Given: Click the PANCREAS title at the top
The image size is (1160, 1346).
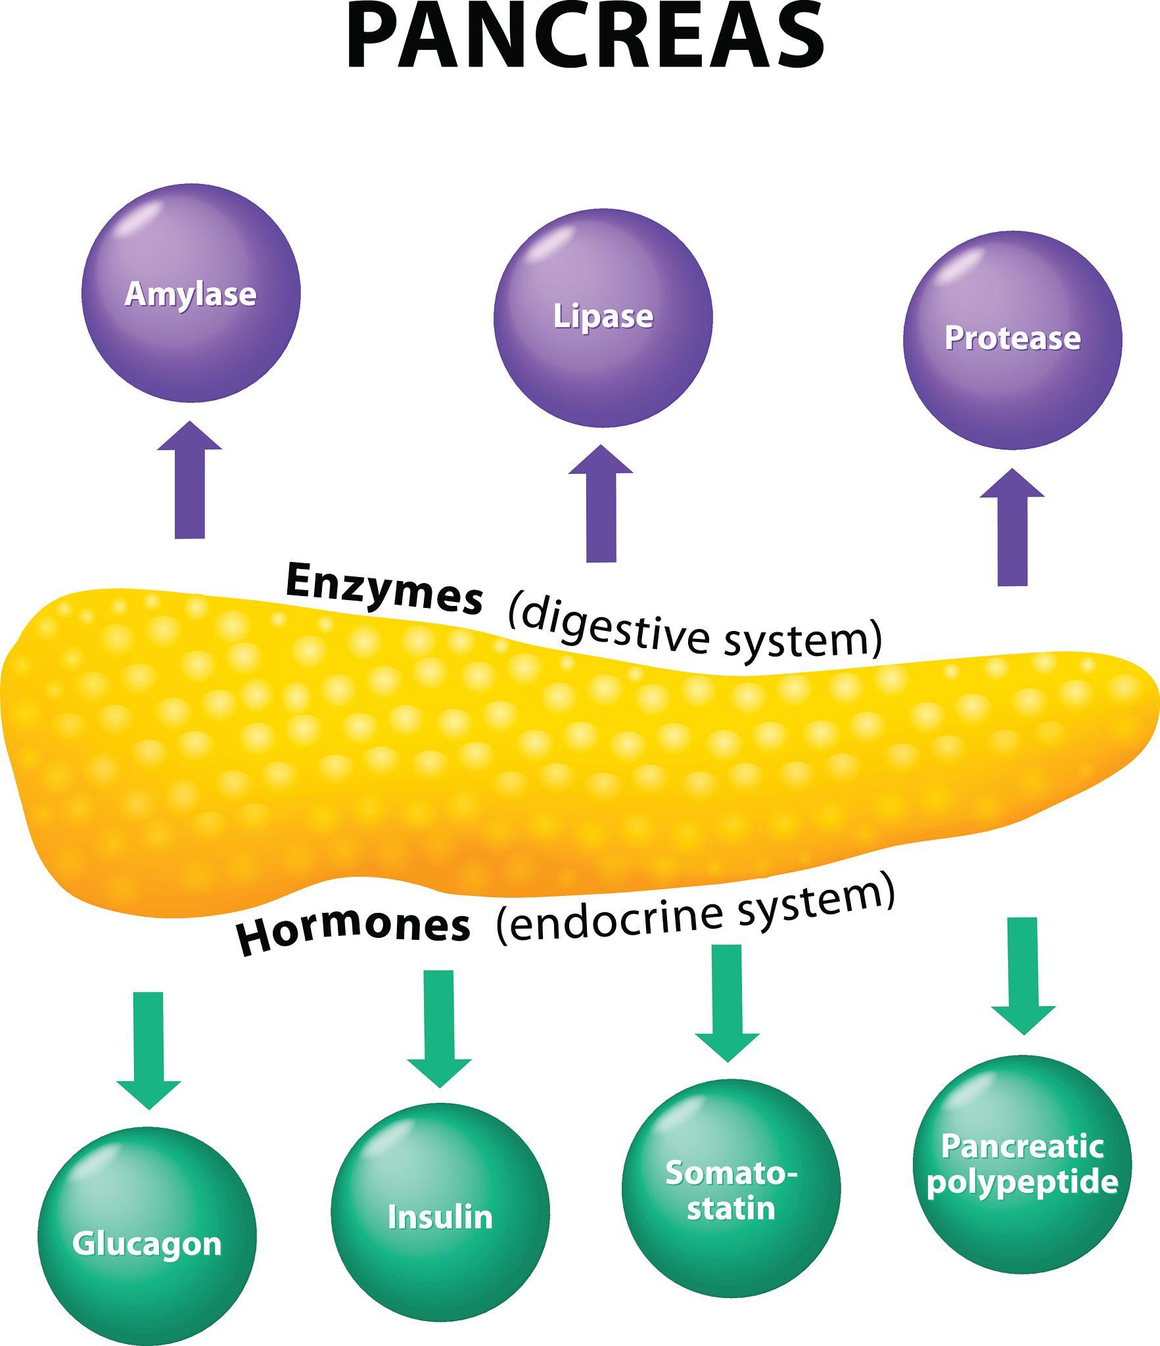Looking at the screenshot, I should pos(585,38).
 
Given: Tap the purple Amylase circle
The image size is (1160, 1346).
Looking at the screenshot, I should pos(191,293).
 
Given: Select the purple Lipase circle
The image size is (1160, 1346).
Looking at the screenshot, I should pos(603,317).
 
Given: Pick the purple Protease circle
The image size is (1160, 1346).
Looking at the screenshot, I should pos(1012,340).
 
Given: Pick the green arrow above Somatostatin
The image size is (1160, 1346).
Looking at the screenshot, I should pos(727,1002).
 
